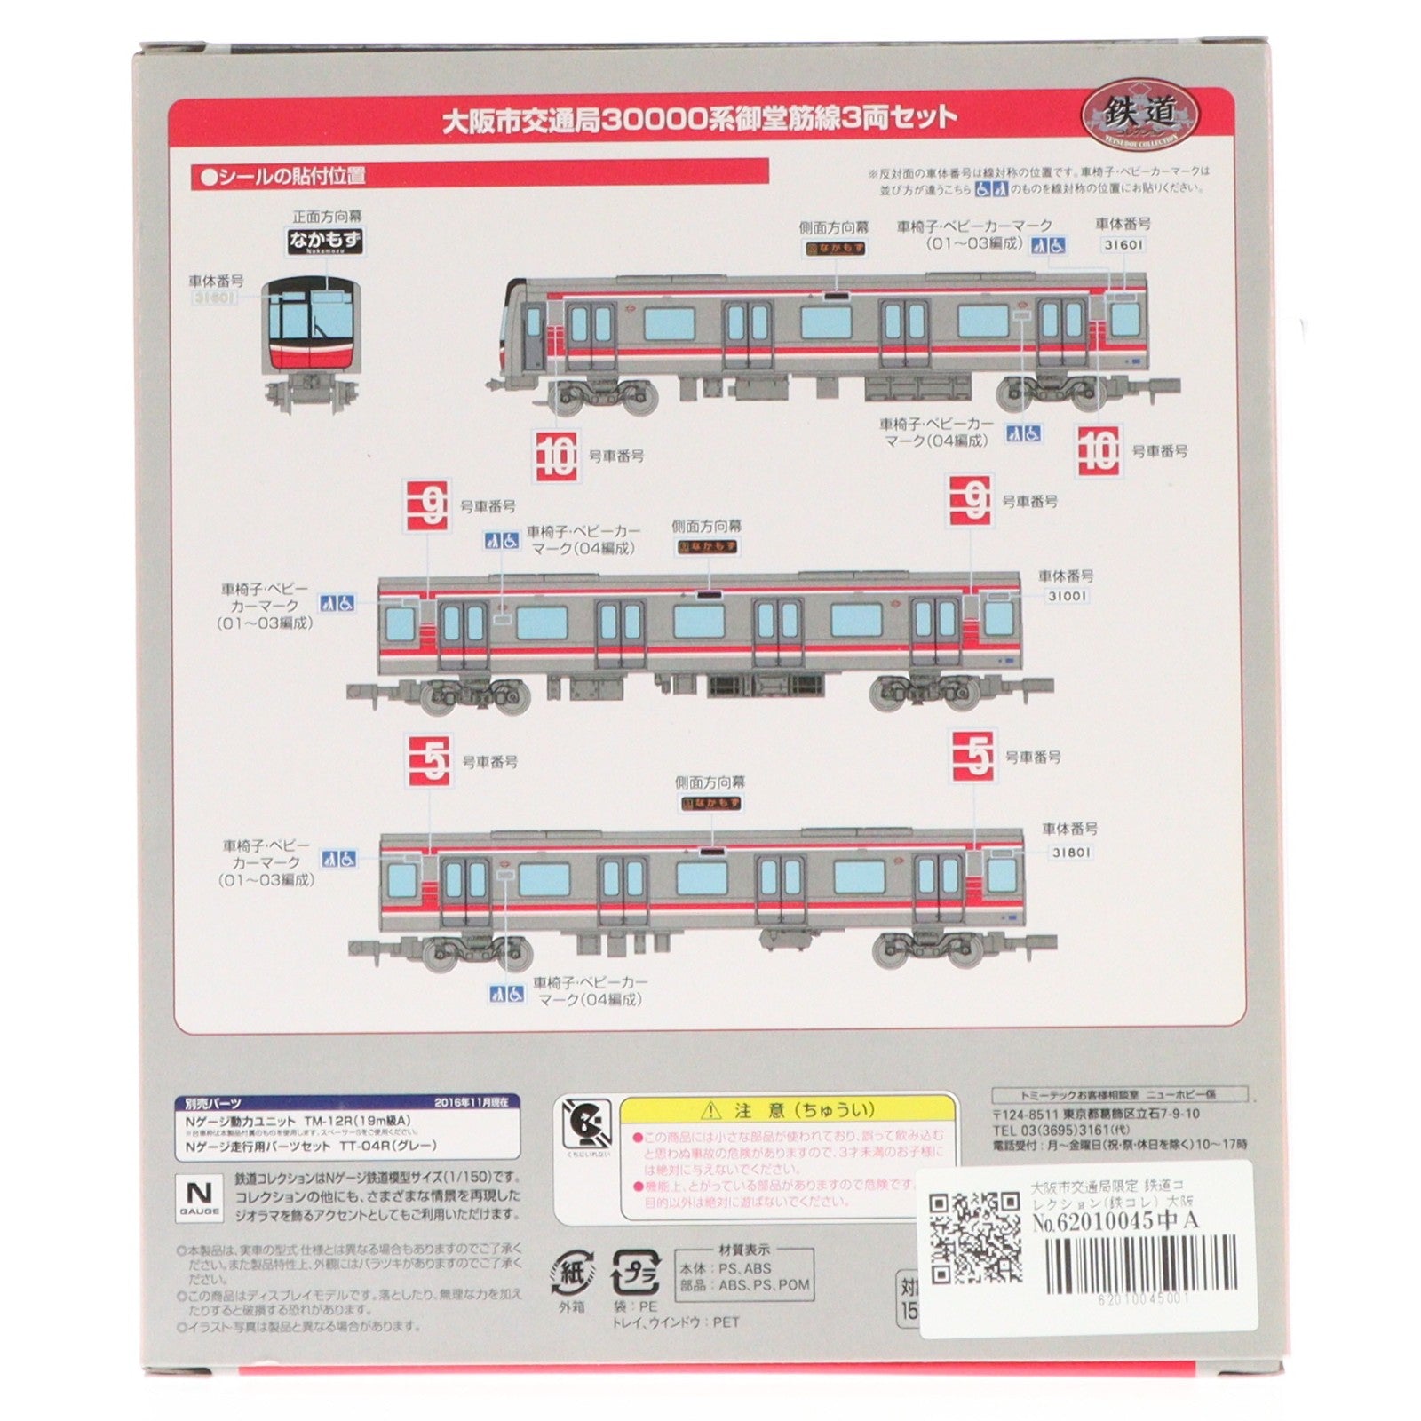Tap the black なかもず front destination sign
click(x=327, y=239)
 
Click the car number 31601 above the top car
click(x=1123, y=244)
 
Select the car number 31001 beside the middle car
click(x=1066, y=596)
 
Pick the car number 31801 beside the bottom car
click(x=1071, y=852)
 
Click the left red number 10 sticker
click(x=557, y=456)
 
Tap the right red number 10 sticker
click(x=1099, y=451)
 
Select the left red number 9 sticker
click(x=427, y=506)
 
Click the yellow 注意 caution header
click(x=787, y=1110)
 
